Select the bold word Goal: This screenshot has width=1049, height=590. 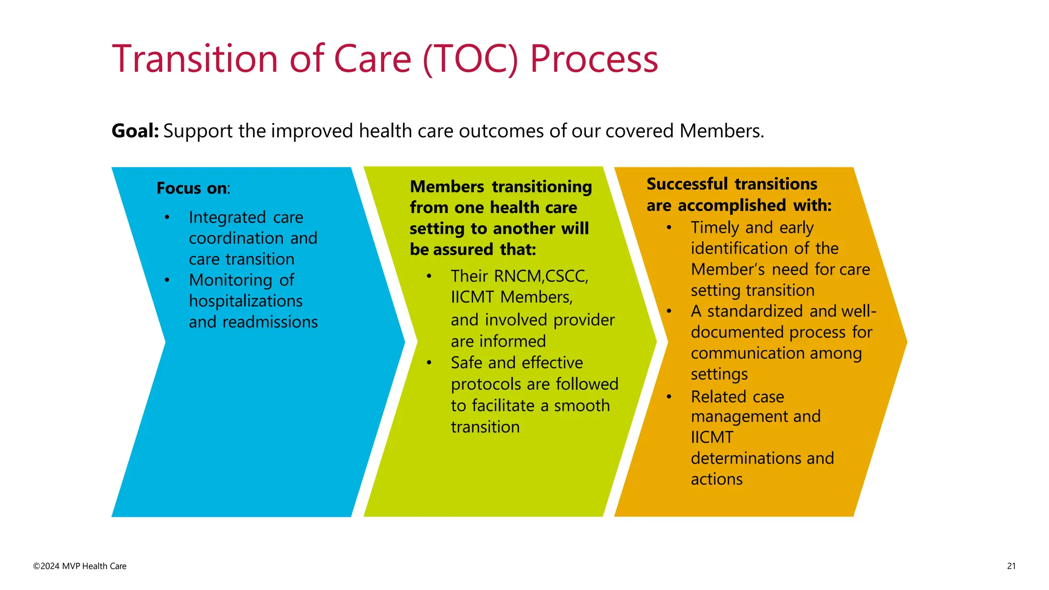(135, 131)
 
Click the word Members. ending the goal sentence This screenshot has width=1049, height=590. (722, 131)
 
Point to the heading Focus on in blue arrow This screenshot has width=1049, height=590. (192, 188)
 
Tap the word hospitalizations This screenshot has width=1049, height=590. (245, 301)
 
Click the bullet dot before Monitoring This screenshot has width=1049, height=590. (167, 280)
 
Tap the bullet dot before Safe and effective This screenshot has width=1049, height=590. (429, 363)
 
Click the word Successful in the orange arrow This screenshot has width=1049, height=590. (687, 184)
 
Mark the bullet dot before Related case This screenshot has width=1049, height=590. (669, 397)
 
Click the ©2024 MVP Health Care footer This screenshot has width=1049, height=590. (80, 566)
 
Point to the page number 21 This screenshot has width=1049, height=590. (1011, 566)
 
